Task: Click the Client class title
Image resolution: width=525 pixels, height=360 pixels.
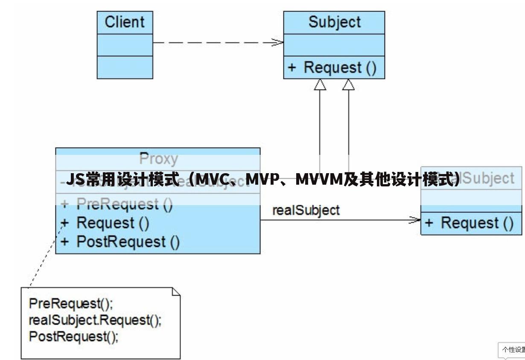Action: point(125,22)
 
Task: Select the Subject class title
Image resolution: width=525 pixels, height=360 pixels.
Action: point(334,22)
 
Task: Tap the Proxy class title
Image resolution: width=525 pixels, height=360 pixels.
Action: point(158,159)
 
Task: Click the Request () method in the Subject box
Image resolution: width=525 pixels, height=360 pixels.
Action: point(334,67)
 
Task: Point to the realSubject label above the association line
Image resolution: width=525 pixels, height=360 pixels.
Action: point(306,210)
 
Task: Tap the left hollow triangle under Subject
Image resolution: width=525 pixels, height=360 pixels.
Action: point(320,84)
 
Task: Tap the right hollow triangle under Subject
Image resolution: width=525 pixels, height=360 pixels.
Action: point(348,84)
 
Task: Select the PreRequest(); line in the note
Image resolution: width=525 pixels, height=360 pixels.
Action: point(71,304)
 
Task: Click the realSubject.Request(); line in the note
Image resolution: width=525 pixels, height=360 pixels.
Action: point(95,320)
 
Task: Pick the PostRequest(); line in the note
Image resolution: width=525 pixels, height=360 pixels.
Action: point(73,337)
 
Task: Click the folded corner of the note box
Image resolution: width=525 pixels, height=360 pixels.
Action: point(175,292)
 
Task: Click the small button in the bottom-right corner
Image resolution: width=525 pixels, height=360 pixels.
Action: point(512,350)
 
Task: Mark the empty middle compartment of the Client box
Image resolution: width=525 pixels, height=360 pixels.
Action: point(125,45)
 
